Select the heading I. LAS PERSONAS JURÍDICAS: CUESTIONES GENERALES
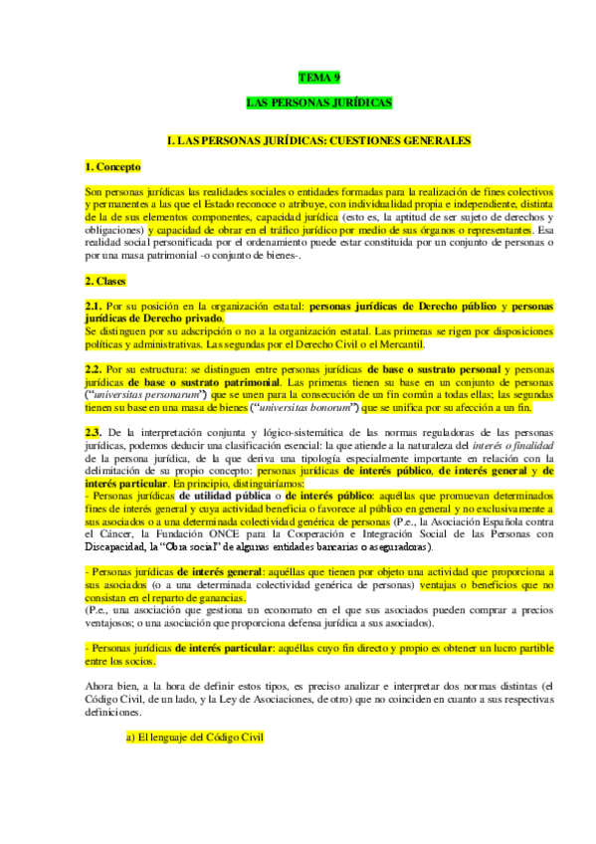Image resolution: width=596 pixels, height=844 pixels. coord(319,141)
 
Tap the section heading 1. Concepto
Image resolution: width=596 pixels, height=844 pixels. coord(112,166)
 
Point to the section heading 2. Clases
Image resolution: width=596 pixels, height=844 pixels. coord(105,282)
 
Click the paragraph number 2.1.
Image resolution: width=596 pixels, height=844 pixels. coord(94,306)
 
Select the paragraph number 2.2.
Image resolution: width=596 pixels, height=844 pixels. coord(94,369)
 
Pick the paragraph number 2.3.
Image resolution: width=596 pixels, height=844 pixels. coord(94,431)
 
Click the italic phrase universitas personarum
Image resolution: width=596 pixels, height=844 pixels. coord(136,394)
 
